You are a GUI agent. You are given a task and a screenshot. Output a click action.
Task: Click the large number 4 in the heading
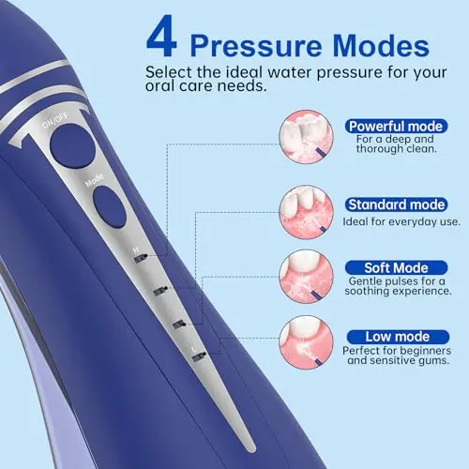coord(161,37)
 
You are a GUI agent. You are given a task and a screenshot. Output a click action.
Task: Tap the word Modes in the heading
coord(381,46)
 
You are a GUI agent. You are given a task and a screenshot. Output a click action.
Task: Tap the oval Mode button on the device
coord(110,206)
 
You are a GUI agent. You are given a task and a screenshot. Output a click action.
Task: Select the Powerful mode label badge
coord(396,127)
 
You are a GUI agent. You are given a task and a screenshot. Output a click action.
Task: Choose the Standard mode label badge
coord(396,204)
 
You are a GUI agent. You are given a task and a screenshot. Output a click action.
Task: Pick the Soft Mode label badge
coord(396,268)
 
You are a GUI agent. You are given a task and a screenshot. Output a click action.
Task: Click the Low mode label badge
coord(398,337)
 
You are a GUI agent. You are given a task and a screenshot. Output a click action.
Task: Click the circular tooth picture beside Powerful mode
coord(306,137)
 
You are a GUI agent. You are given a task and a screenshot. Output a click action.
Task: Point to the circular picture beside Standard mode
coord(306,212)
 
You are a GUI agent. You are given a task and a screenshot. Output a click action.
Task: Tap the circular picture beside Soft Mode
coord(306,277)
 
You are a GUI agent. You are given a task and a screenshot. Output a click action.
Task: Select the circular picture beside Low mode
coord(306,342)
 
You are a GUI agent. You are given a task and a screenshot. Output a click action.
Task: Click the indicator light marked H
coord(141,259)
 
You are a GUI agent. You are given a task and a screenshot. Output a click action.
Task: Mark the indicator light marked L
coord(199,357)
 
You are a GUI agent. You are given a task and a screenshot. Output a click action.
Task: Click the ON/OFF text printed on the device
coord(55,121)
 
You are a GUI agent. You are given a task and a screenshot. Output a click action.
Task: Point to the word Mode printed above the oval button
coord(95,180)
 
